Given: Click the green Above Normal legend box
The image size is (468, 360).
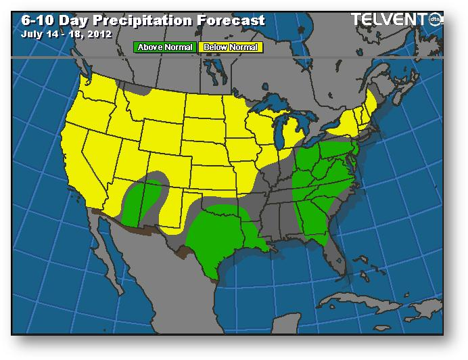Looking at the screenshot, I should (x=165, y=47).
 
